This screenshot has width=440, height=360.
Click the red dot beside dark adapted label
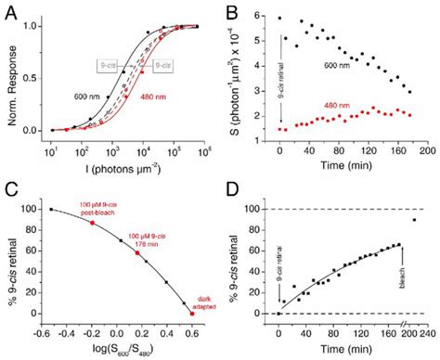(191, 313)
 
